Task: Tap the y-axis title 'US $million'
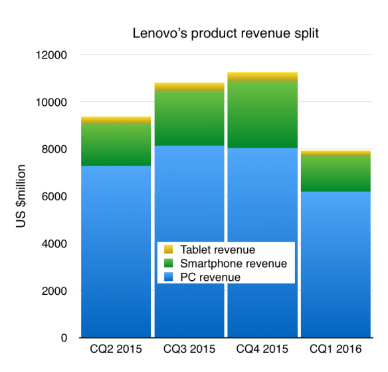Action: click(x=21, y=198)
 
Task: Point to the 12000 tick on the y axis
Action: click(x=53, y=55)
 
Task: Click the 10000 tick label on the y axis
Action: click(x=53, y=102)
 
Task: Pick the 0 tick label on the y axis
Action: click(x=64, y=338)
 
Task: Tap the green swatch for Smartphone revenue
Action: click(x=168, y=264)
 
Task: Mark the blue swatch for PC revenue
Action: click(x=168, y=276)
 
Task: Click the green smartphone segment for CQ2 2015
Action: click(x=116, y=144)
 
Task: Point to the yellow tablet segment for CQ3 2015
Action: click(x=189, y=87)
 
